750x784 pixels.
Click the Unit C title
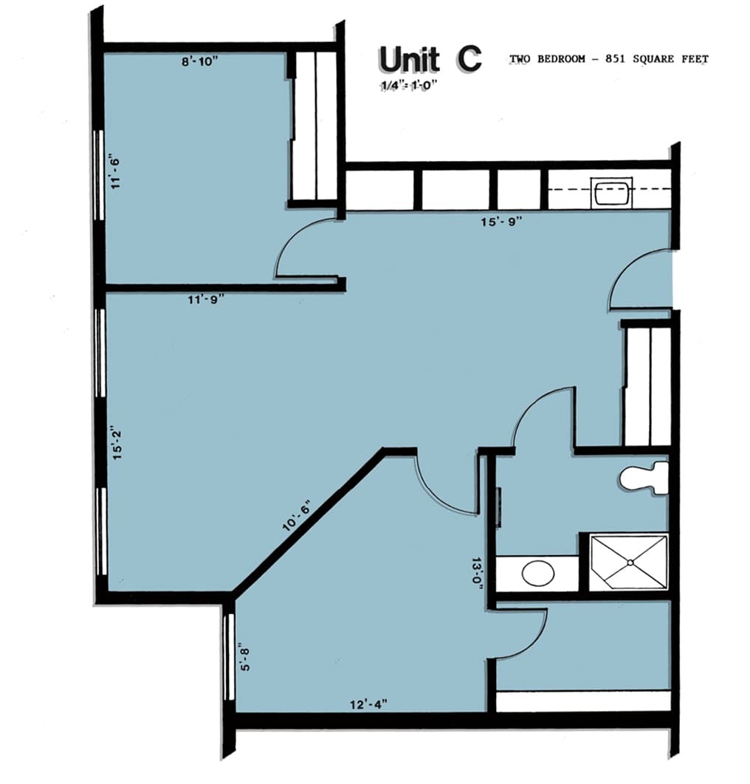point(430,60)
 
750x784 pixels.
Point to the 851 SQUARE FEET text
point(656,59)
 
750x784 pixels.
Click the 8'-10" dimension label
point(199,61)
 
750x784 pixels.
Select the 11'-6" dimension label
point(116,173)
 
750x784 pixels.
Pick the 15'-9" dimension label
point(501,221)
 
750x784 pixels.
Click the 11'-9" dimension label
point(206,300)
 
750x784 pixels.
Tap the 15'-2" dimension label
point(117,444)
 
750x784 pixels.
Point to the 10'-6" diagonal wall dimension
point(297,515)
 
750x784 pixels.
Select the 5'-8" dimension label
point(245,659)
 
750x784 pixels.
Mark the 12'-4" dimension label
point(368,704)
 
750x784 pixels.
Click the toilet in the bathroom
point(644,478)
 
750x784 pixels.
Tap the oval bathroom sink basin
point(538,573)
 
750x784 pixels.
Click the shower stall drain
point(630,563)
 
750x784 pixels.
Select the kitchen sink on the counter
point(611,193)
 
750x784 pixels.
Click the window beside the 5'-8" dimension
point(229,657)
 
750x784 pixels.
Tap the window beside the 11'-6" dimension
point(100,175)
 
